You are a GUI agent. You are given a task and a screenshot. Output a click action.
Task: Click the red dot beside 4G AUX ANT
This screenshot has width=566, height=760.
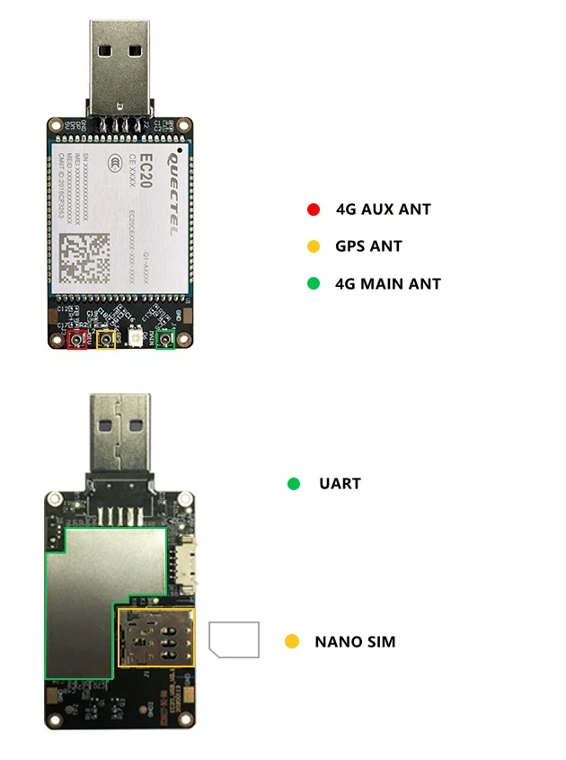tap(314, 210)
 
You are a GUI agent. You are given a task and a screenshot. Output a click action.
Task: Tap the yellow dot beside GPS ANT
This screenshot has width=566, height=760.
tap(314, 246)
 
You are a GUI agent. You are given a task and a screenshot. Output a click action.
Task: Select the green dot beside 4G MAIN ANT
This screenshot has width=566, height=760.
tap(314, 283)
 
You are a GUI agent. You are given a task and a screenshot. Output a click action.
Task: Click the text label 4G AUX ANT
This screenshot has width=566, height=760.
tap(383, 210)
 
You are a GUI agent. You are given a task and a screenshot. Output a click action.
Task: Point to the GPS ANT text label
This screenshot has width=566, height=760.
tap(368, 246)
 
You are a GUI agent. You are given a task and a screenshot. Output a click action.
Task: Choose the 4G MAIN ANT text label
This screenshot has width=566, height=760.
tap(388, 283)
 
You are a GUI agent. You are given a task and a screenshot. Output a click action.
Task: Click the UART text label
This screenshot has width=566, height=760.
tap(340, 484)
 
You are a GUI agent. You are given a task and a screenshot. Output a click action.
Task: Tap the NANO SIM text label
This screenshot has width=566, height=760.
tap(355, 641)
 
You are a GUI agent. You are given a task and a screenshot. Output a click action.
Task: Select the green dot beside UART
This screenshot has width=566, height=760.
tap(293, 484)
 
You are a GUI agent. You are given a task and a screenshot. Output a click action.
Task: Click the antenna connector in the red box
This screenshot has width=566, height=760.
tap(78, 340)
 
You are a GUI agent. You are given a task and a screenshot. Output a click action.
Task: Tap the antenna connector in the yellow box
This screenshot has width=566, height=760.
tap(107, 340)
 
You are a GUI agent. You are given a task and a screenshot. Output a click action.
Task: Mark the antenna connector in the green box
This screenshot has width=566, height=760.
tap(165, 340)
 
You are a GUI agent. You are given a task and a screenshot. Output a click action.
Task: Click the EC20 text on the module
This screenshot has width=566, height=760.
tap(149, 171)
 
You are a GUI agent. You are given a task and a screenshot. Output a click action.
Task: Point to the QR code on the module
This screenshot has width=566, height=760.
tap(84, 259)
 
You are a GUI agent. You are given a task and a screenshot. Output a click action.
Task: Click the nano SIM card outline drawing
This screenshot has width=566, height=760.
tap(234, 639)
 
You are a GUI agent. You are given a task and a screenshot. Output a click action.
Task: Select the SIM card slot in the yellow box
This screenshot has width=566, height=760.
tap(156, 636)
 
